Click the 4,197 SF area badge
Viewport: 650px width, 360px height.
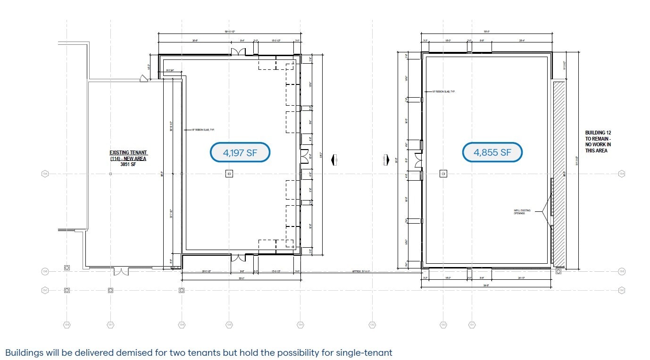click(240, 152)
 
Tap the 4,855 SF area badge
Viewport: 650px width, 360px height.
click(492, 152)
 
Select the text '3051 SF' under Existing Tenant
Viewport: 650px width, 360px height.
click(128, 165)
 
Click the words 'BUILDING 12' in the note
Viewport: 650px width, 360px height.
click(598, 133)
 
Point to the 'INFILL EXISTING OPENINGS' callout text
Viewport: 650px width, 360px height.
click(522, 212)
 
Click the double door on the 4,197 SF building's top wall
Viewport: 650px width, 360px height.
click(238, 51)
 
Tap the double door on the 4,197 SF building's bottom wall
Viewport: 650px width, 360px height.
click(238, 258)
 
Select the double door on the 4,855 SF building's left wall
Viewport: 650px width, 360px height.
click(418, 160)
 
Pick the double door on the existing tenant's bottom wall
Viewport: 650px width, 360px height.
click(121, 271)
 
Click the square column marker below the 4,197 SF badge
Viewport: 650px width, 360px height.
click(229, 174)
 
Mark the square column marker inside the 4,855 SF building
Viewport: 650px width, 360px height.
click(443, 174)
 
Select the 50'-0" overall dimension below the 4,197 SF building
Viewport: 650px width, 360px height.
click(241, 278)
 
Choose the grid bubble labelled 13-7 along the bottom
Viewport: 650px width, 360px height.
click(110, 325)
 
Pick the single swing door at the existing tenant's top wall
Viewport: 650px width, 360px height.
click(143, 79)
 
